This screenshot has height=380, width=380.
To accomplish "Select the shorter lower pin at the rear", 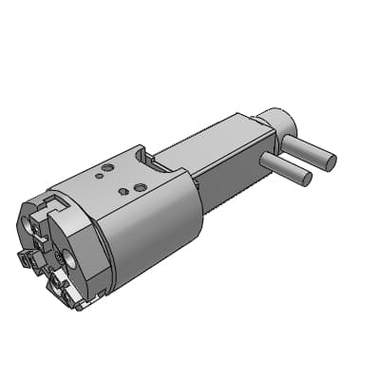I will pos(288,167).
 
